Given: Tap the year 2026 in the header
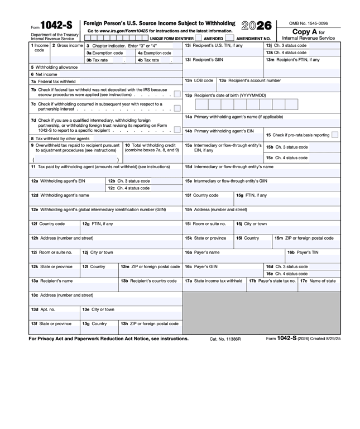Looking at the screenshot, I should click(257, 26).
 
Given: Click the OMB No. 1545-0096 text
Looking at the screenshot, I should click(309, 23).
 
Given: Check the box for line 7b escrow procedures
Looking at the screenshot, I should click(176, 95).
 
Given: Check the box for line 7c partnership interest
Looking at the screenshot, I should click(176, 109).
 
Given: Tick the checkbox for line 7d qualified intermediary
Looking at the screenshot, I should click(176, 130).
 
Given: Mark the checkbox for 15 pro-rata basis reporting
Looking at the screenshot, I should click(334, 135).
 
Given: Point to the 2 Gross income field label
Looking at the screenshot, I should click(68, 45).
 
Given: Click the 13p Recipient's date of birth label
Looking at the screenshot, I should click(225, 95).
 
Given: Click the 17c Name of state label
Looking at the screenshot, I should click(318, 281).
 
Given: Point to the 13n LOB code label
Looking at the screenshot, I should click(199, 80).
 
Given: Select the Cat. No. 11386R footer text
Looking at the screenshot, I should click(225, 339).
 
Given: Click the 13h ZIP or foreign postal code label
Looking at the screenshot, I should click(150, 323).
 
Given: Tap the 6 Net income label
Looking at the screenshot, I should click(44, 74).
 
